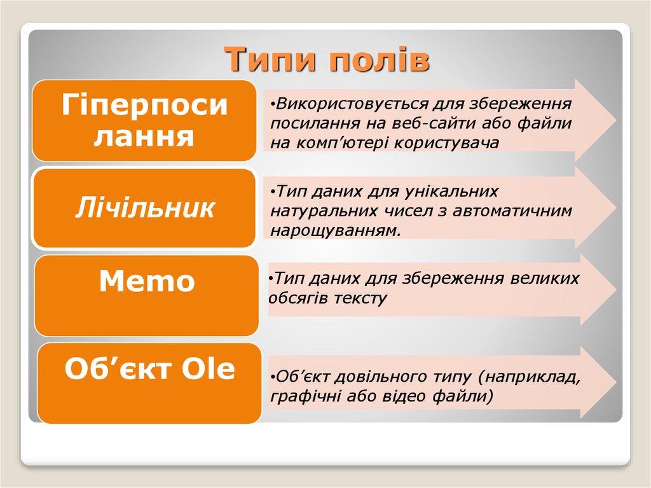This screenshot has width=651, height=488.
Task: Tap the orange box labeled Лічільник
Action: [145, 207]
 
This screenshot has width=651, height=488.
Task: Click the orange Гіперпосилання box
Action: [145, 120]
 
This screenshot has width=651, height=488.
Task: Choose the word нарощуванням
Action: [336, 230]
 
